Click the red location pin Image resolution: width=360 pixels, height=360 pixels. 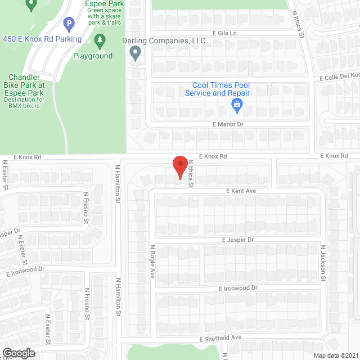click(x=179, y=166)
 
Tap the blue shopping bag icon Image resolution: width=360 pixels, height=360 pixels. click(x=237, y=104)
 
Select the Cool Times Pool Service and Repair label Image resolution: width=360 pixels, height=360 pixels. click(x=220, y=89)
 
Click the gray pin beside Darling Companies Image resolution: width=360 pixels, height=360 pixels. click(x=135, y=53)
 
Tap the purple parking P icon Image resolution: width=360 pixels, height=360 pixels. click(x=69, y=24)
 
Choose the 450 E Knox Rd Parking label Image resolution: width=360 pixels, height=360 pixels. click(x=42, y=39)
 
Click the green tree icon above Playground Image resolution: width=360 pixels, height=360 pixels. click(x=100, y=40)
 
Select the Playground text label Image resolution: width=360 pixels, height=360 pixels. click(x=93, y=56)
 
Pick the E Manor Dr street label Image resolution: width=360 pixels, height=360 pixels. click(x=227, y=123)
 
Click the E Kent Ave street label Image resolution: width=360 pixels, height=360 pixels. click(x=241, y=191)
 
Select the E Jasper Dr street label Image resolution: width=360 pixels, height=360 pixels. click(x=238, y=240)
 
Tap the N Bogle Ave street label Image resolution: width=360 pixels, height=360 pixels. click(x=152, y=262)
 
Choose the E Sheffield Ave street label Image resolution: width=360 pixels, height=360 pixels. click(x=220, y=337)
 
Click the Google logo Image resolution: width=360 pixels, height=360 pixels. click(x=18, y=353)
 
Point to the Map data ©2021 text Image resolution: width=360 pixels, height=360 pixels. click(x=336, y=355)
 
